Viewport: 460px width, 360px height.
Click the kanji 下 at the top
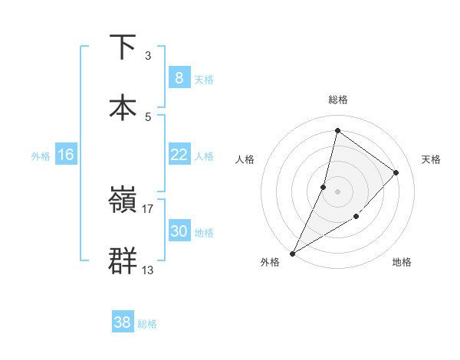[x=123, y=47]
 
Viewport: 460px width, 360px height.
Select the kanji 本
[x=123, y=107]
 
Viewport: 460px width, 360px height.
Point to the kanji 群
[x=123, y=260]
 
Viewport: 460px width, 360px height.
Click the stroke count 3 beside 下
[x=148, y=56]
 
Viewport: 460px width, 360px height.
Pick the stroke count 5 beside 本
[x=148, y=117]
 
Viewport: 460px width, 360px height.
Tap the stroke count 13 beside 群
[x=148, y=270]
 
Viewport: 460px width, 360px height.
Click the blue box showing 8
[x=179, y=77]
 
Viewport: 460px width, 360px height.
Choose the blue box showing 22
[x=179, y=155]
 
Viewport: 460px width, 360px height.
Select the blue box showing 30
[x=179, y=231]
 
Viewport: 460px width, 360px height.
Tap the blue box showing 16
[x=65, y=155]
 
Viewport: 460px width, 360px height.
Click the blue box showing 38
[x=123, y=322]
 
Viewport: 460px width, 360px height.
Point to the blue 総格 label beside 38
[x=147, y=324]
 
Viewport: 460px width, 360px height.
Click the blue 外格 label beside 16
[x=41, y=156]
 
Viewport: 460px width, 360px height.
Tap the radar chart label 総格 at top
[x=337, y=100]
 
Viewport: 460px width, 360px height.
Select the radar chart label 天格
[x=432, y=159]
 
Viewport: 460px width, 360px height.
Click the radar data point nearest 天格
[x=396, y=172]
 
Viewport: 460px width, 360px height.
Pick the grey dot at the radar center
[x=337, y=191]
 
